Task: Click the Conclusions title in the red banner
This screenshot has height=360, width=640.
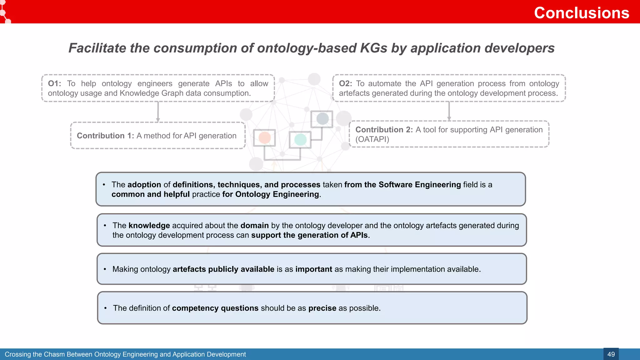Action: coord(581,13)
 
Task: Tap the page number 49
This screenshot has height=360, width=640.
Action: coord(611,354)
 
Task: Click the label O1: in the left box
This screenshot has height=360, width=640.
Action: coord(54,83)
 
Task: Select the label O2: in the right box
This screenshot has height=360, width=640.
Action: coord(345,83)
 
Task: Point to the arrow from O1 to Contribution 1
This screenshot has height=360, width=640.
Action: coord(158,112)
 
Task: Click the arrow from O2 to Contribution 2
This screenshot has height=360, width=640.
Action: coord(449,111)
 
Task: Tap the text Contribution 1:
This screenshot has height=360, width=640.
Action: coord(105,136)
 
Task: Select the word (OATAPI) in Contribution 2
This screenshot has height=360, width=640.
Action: coord(372,139)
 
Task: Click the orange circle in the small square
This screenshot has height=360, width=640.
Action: coord(264,137)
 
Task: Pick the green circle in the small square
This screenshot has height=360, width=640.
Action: coord(300,139)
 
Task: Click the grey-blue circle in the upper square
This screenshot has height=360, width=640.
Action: coord(322,119)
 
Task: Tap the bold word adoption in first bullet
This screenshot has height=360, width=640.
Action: coord(144,185)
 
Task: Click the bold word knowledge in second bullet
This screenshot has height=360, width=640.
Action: coord(149,226)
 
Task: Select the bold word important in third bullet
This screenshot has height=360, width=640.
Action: coord(313,269)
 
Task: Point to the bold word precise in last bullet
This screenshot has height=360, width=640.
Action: coord(322,308)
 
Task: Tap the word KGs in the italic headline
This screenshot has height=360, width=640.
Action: coord(373,48)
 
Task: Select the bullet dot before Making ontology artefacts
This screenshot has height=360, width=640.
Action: coord(105,269)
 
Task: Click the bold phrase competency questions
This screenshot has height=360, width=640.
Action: coord(215,308)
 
